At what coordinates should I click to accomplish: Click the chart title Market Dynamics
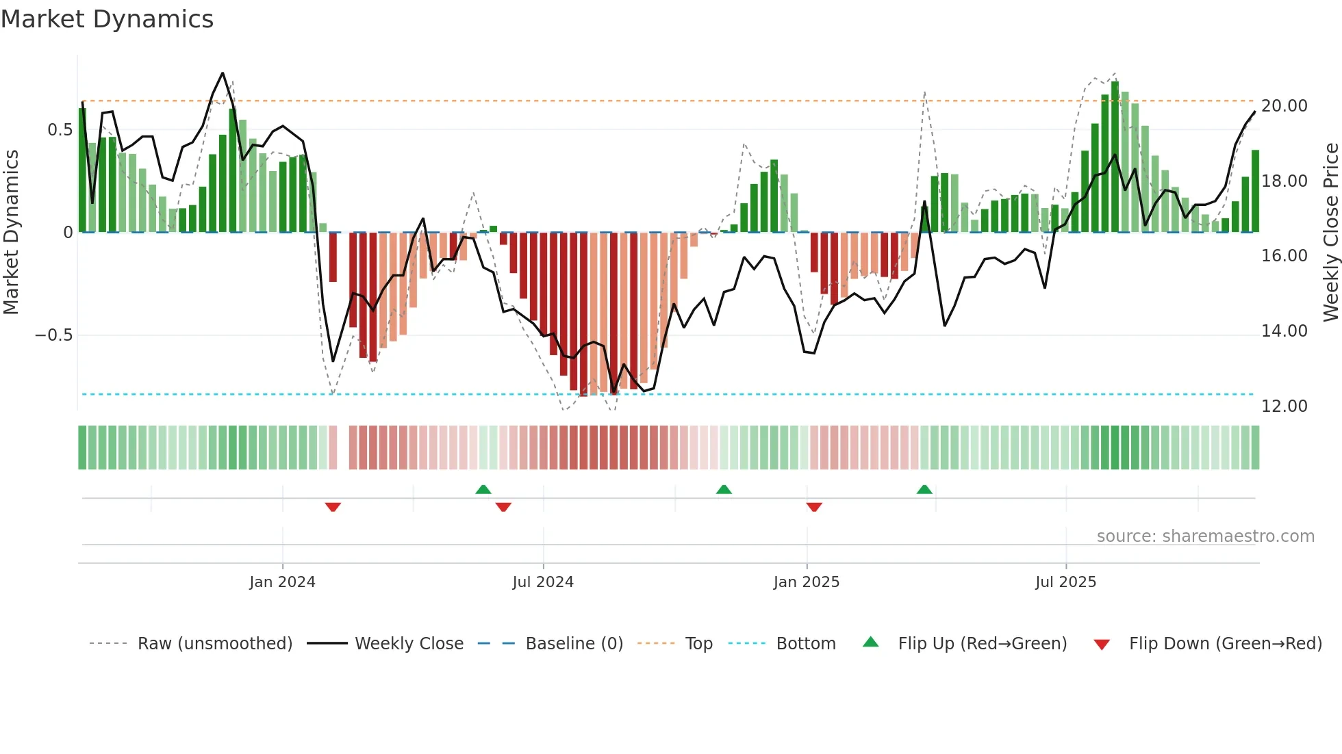tap(107, 19)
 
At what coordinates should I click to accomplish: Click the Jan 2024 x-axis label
tap(282, 582)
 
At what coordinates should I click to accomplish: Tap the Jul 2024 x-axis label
tap(543, 582)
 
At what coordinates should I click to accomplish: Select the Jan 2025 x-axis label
tap(806, 582)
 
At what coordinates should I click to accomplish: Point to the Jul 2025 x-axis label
tap(1065, 582)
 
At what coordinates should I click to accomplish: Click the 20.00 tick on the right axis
tap(1284, 106)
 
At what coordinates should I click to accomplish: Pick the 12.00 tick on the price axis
tap(1284, 406)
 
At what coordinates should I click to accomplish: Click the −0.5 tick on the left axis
tap(54, 335)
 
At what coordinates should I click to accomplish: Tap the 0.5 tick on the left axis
tap(60, 130)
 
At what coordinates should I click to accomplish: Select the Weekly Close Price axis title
tap(1330, 233)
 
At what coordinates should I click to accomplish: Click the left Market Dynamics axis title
tap(11, 233)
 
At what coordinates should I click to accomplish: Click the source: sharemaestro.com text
tap(1205, 536)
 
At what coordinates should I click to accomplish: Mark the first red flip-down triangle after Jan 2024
tap(333, 507)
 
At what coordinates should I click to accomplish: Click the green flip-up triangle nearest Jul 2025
tap(924, 489)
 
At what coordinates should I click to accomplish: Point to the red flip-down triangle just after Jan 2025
tap(814, 507)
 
